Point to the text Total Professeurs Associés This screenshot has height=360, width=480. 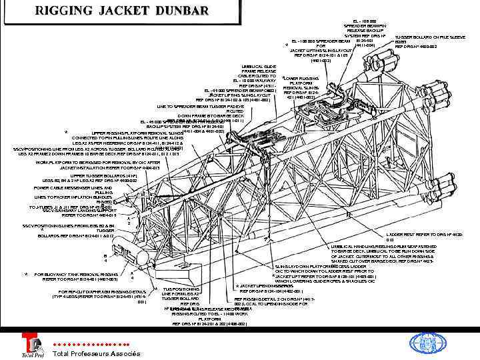(97, 353)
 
